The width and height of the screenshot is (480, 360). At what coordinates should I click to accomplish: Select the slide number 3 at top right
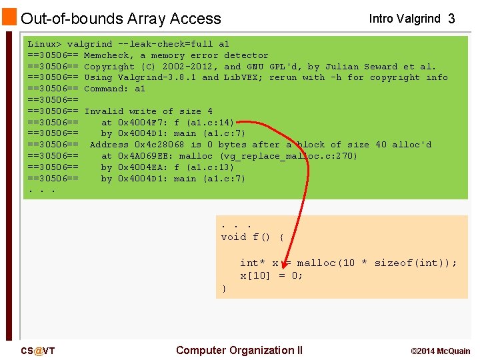451,19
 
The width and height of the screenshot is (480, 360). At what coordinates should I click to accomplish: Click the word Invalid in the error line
103,111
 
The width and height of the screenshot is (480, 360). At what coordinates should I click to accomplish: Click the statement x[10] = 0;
271,275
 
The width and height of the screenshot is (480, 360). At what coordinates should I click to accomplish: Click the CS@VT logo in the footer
38,351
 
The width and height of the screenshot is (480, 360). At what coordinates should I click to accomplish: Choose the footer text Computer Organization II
239,350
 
